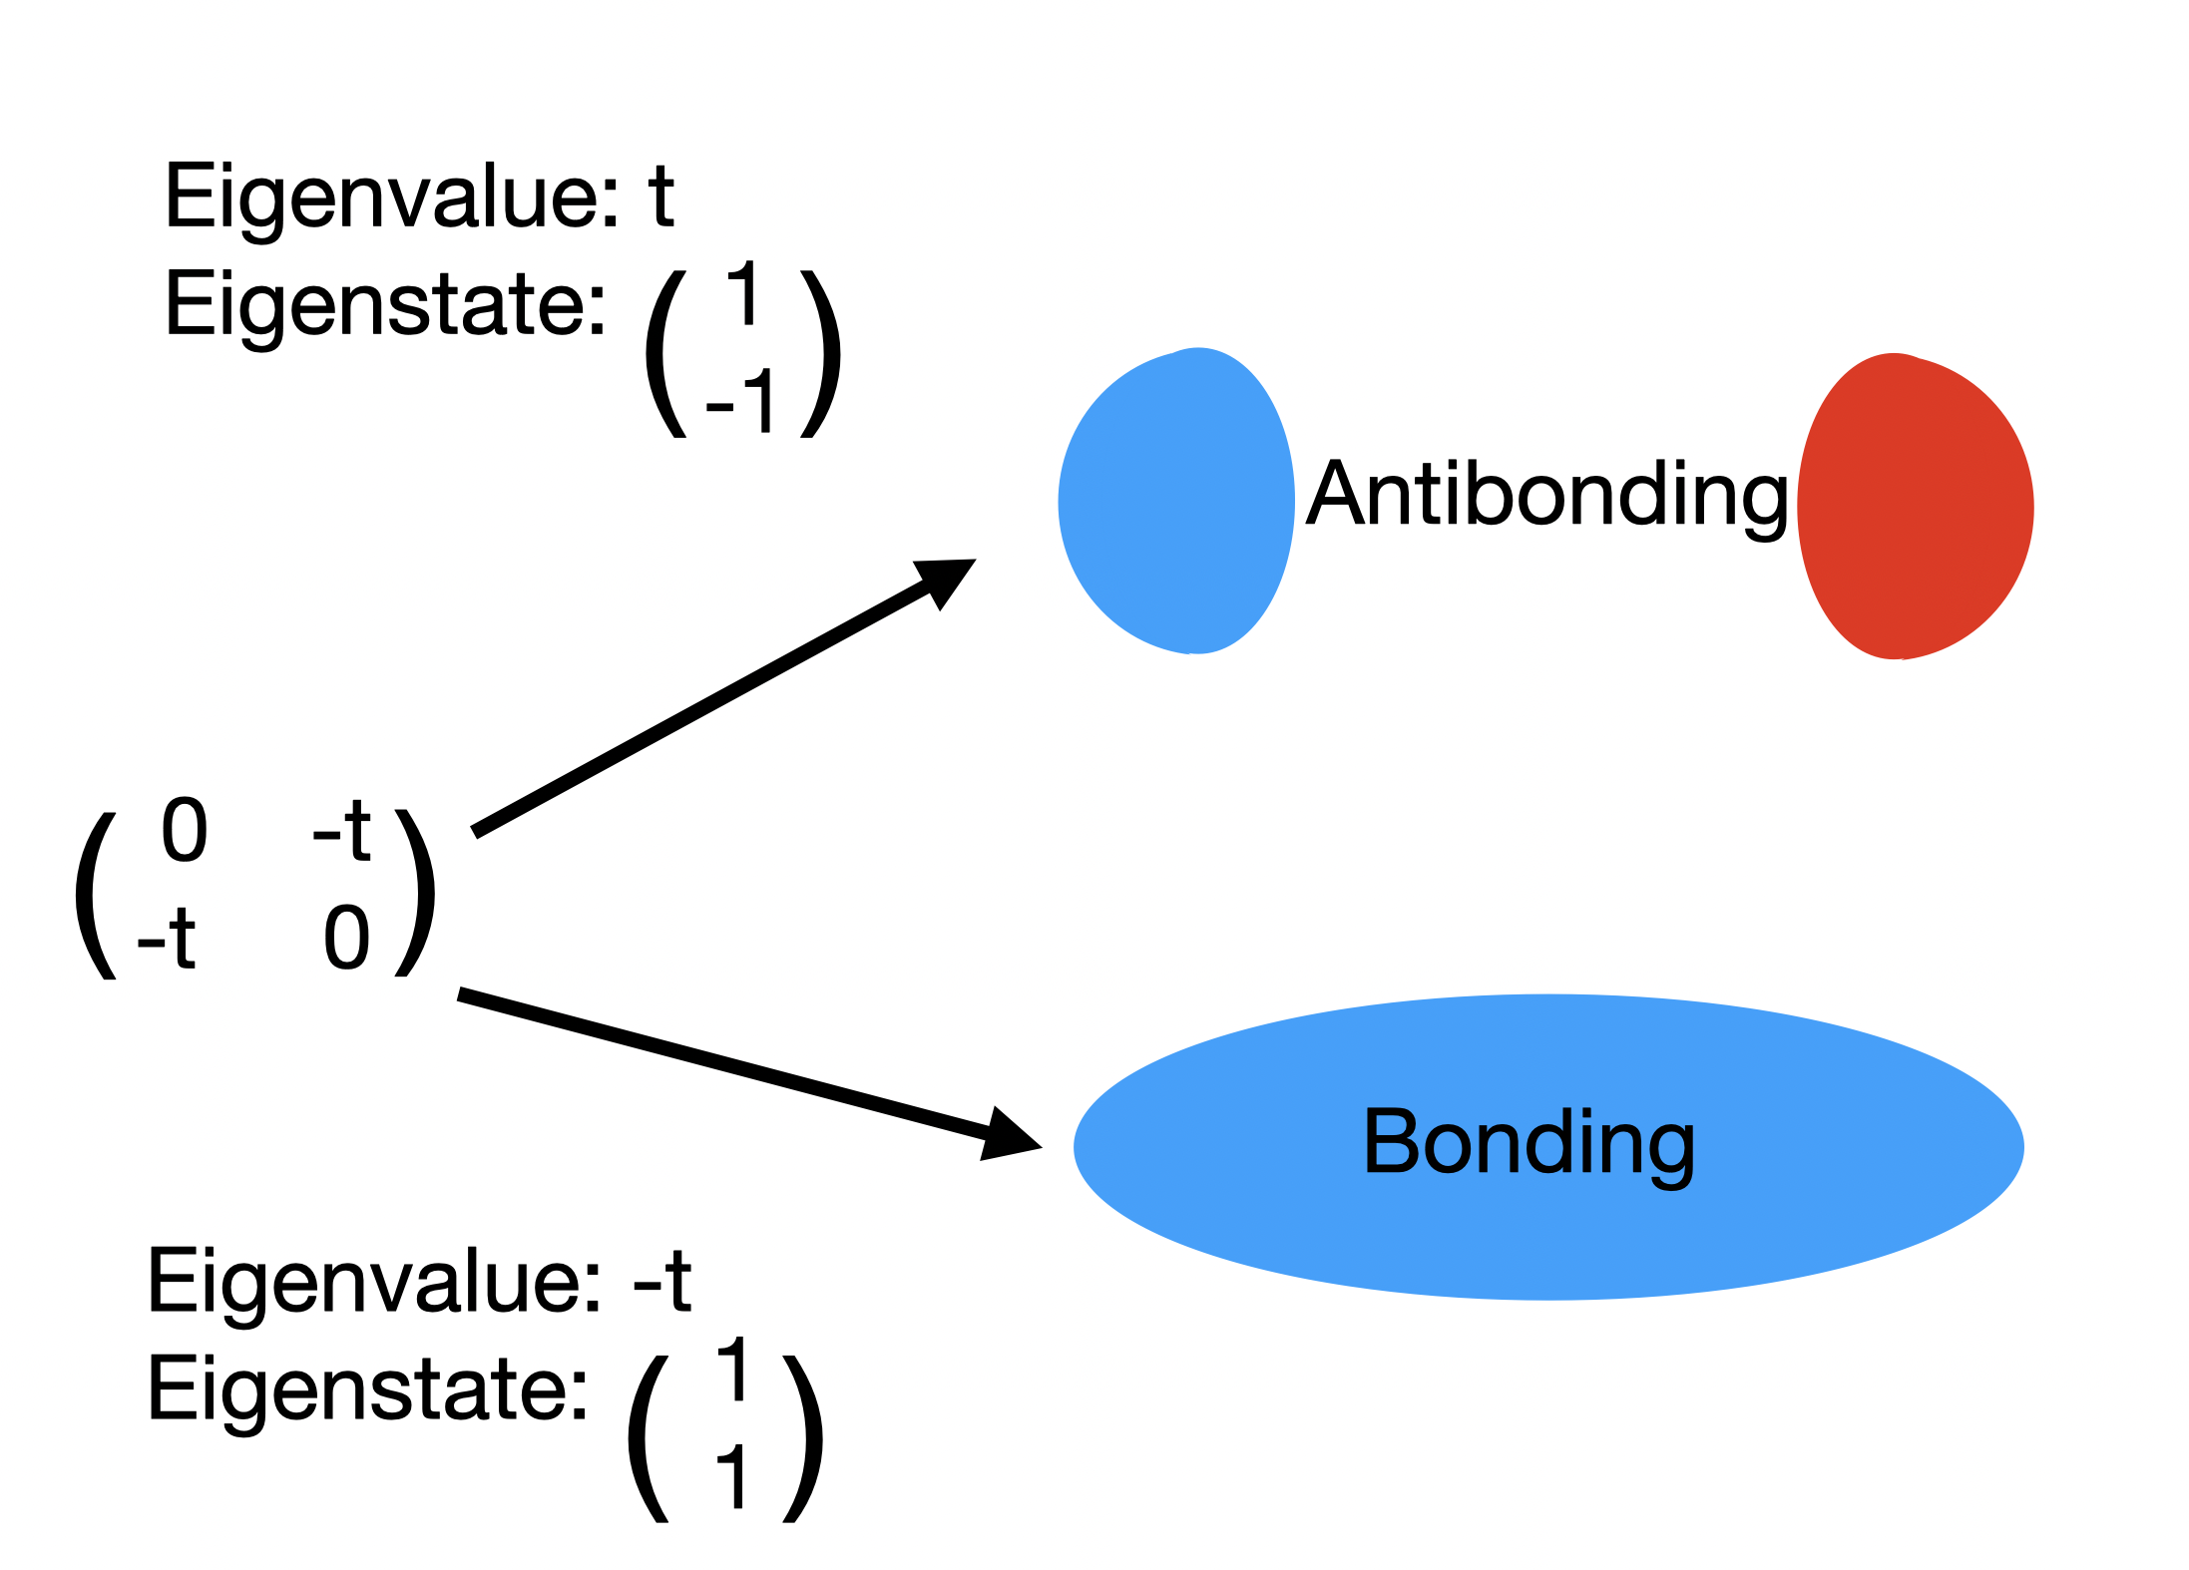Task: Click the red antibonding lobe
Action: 1915,507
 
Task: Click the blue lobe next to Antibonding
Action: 1176,502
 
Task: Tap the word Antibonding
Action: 1546,496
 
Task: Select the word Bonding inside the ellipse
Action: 1529,1143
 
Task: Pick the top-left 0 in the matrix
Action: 185,830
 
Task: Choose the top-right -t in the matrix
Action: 342,830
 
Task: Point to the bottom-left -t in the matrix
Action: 167,938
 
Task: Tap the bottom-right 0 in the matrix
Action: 347,938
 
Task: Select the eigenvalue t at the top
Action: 660,196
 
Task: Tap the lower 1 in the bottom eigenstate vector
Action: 732,1477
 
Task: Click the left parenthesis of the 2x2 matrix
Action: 96,895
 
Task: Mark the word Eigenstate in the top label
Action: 385,304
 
